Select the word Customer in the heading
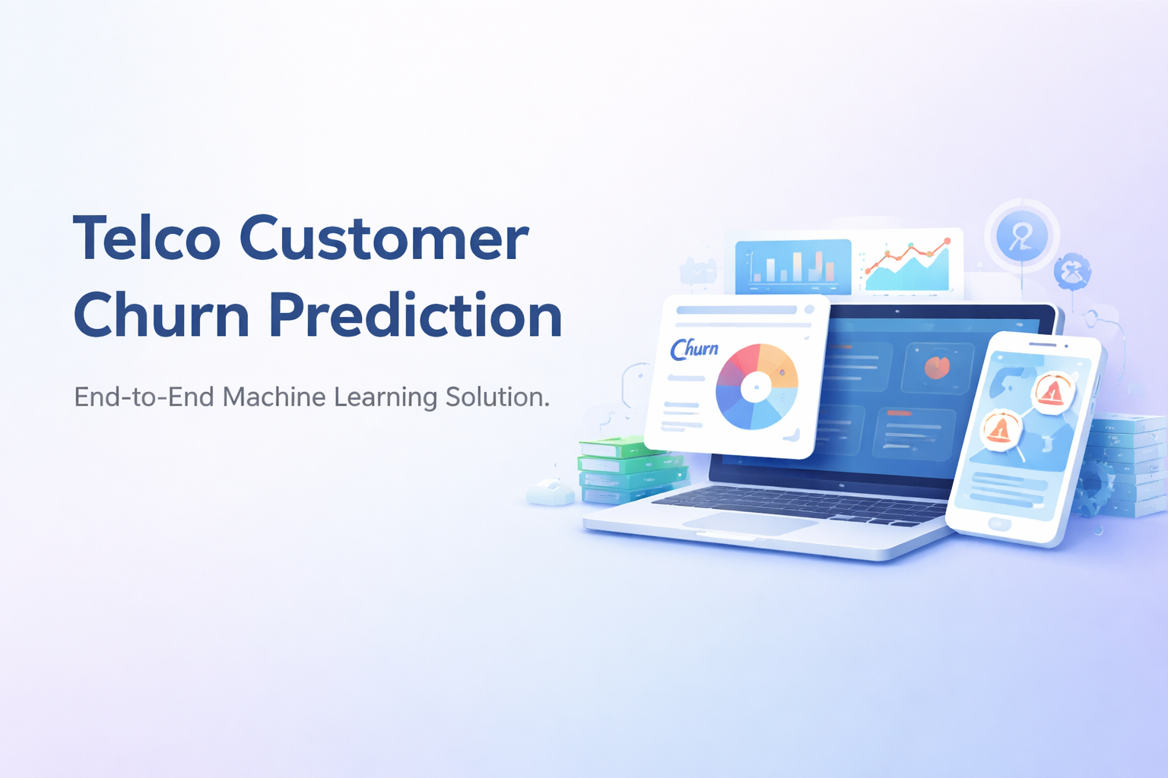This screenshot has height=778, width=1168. [384, 239]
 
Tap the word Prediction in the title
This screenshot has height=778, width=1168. [416, 315]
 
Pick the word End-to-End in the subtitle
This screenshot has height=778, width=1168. [144, 397]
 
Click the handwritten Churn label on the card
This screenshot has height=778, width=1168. [694, 349]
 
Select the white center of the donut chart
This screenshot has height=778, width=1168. [755, 387]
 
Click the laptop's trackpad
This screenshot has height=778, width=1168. [749, 522]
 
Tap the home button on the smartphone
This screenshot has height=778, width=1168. [999, 523]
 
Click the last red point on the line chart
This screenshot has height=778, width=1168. [947, 242]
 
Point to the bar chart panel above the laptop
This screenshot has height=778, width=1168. [792, 267]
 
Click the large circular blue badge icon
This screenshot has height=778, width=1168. [1021, 236]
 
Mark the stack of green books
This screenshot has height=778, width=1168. [631, 470]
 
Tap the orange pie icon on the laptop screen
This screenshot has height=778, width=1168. [937, 368]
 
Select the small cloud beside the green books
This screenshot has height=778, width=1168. [551, 492]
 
